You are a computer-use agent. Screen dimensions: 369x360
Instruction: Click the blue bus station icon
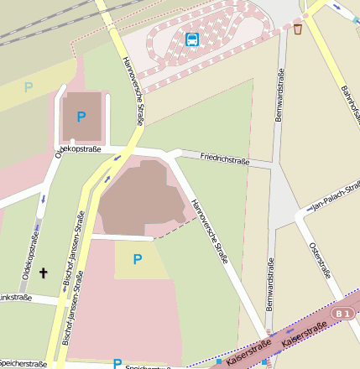point(192,39)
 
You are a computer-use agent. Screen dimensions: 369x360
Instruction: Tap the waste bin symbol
point(298,29)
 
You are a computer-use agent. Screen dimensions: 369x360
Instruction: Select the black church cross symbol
point(44,273)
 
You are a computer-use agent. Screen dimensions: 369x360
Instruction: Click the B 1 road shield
point(341,314)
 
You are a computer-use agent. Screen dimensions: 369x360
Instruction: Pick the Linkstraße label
point(14,298)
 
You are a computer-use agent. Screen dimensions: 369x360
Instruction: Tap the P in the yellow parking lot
point(138,259)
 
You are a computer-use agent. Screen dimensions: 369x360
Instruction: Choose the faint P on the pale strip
point(29,86)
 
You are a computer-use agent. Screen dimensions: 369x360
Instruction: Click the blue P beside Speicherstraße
point(117,364)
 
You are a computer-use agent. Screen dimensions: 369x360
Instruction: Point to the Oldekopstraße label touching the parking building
point(78,150)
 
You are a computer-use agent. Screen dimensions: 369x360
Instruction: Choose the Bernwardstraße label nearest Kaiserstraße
point(270,285)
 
